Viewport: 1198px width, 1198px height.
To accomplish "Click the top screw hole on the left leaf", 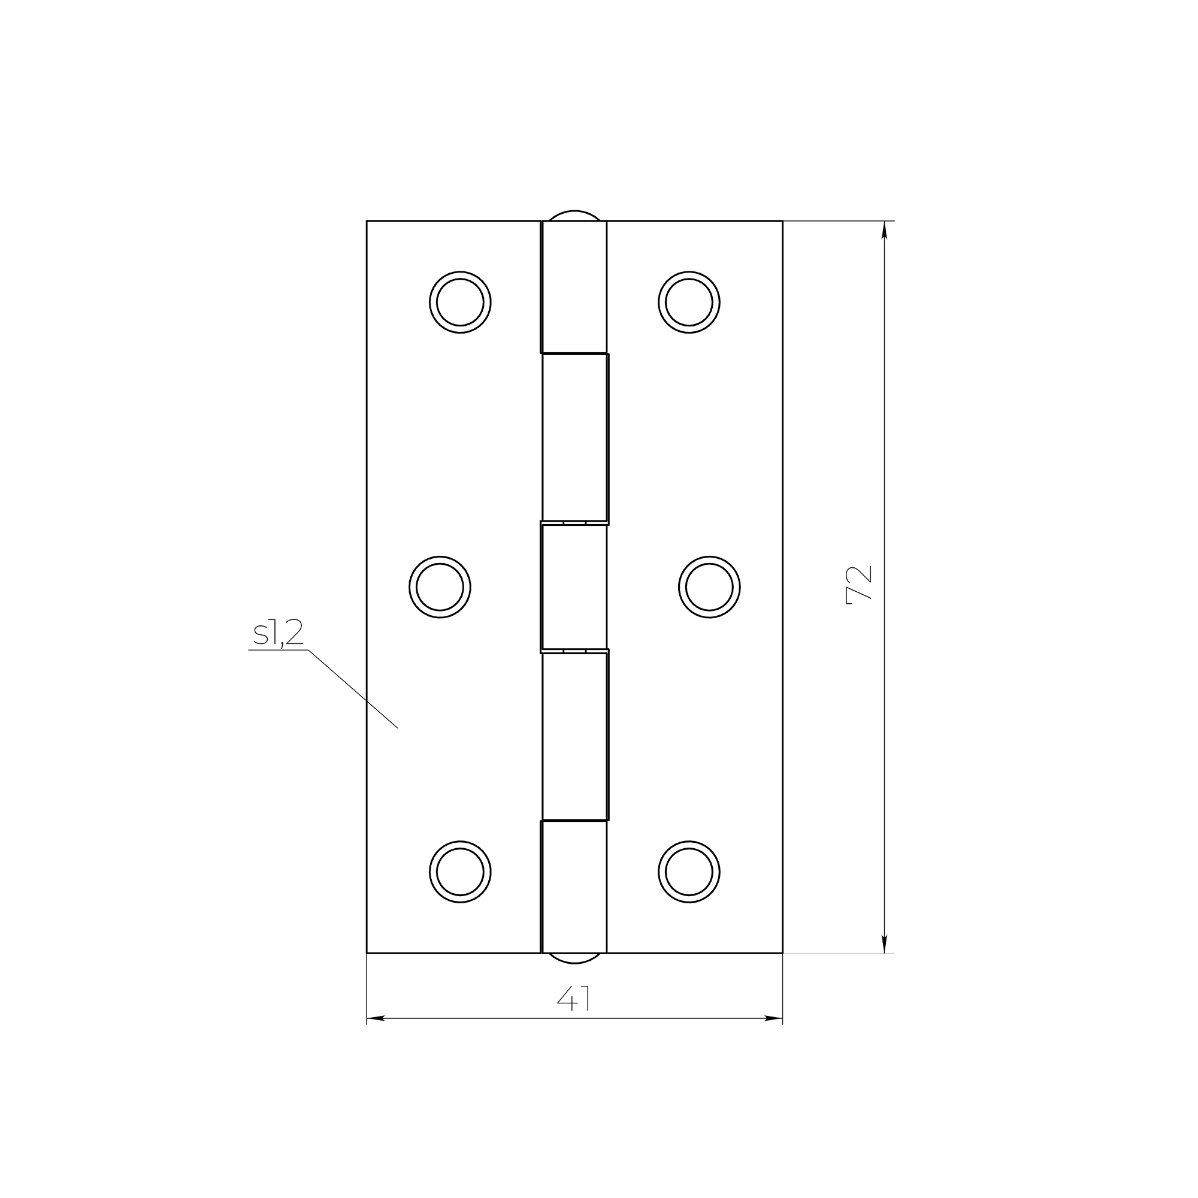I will click(x=460, y=302).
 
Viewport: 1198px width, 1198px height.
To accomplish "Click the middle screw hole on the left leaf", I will click(x=440, y=587).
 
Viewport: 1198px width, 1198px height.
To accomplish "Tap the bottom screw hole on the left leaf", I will click(x=460, y=872).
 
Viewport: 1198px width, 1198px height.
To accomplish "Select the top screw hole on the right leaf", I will click(x=689, y=302).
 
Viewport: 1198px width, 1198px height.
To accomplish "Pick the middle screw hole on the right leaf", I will click(x=709, y=587).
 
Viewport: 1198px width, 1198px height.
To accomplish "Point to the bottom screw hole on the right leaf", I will click(x=689, y=872).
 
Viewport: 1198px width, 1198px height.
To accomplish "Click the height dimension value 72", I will click(x=860, y=585).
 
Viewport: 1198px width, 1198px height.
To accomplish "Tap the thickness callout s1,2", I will click(x=278, y=633).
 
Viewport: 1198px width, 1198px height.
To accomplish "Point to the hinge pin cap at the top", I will click(x=574, y=215).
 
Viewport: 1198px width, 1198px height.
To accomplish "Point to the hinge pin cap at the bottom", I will click(x=574, y=958).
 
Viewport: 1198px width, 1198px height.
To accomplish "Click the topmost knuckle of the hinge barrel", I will click(x=574, y=287).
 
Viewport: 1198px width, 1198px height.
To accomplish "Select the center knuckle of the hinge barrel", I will click(x=574, y=587).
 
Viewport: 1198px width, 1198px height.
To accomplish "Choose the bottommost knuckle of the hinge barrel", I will click(x=574, y=887).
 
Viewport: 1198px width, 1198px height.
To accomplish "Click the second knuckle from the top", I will click(x=575, y=438).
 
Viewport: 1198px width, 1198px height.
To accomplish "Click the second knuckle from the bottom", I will click(x=575, y=737).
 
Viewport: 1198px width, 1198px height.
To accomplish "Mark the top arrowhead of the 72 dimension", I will click(x=884, y=230).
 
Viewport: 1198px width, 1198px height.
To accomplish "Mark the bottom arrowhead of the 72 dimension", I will click(x=884, y=944).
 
